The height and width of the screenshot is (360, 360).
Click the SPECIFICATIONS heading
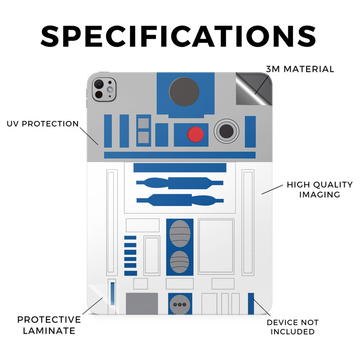coord(178,36)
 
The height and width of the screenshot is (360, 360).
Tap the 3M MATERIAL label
coord(300,69)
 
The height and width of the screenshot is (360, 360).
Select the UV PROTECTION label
coord(42,124)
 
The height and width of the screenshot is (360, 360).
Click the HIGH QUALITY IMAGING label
coord(320,190)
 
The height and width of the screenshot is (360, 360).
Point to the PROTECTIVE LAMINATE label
coord(49,325)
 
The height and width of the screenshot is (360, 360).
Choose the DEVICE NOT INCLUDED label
coord(292,327)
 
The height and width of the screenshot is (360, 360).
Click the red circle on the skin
coord(196,134)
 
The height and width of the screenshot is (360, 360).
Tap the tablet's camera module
coord(104,89)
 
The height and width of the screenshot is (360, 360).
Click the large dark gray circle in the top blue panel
coord(184,92)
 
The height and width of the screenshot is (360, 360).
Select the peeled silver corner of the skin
coord(254,89)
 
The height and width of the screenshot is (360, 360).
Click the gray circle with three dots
coord(180,304)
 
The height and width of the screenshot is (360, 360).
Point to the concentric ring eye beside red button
coord(226,131)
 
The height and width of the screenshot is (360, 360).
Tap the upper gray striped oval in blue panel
coord(180,234)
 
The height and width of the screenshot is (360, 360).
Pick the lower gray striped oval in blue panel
coord(180,262)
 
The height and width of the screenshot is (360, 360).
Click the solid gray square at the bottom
coord(142,304)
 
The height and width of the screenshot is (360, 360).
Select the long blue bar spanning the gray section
coord(180,155)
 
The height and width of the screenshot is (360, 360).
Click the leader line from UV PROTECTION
coord(89,136)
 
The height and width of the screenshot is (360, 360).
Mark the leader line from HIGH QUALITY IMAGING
coord(272,190)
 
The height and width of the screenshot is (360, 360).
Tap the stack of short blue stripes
coord(130,255)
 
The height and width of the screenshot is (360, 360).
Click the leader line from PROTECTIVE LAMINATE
coord(92,306)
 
